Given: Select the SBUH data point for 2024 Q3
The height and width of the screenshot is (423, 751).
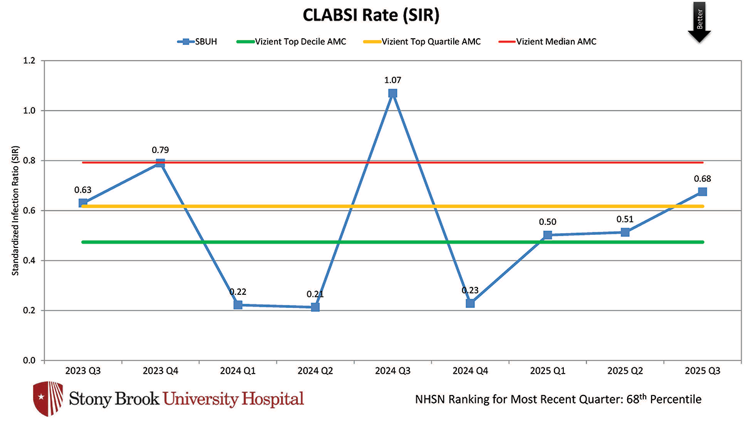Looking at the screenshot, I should pyautogui.click(x=392, y=93).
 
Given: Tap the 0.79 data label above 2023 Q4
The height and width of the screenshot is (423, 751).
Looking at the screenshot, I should pyautogui.click(x=160, y=150).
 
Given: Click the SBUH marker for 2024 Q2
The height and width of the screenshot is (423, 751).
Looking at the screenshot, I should pyautogui.click(x=315, y=307).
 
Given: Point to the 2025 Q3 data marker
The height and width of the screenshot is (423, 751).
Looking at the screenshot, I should pyautogui.click(x=702, y=191).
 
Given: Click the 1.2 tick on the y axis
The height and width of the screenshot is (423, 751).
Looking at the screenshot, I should pyautogui.click(x=29, y=61).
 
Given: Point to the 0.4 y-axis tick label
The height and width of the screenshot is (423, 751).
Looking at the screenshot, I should pyautogui.click(x=29, y=261).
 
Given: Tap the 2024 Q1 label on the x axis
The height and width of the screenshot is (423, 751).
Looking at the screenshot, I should pyautogui.click(x=238, y=371).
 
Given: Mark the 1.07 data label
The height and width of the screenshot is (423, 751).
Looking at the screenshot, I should pyautogui.click(x=392, y=79).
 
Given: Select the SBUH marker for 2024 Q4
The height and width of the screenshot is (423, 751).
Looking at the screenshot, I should pyautogui.click(x=470, y=303).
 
